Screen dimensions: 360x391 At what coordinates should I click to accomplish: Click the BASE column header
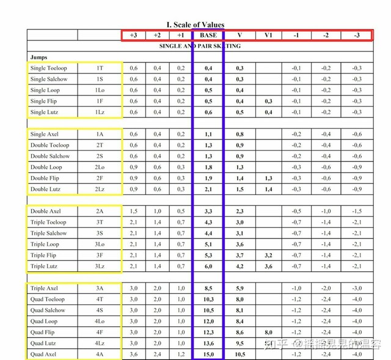click(208, 35)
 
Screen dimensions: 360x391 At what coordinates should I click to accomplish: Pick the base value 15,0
click(208, 354)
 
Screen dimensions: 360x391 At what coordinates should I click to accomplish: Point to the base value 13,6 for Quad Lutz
click(208, 343)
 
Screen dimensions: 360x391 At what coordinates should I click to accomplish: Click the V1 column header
click(268, 35)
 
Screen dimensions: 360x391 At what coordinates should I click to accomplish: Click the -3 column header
click(356, 35)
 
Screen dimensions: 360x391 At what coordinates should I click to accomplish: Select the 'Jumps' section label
click(38, 57)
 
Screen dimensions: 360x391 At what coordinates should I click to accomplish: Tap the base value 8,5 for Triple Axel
click(208, 288)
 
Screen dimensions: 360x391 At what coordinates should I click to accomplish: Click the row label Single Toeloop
click(48, 68)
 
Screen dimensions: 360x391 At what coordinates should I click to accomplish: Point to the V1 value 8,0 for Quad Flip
click(268, 332)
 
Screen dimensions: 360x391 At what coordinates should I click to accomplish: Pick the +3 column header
click(134, 35)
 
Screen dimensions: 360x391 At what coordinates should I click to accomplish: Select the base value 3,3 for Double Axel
click(208, 211)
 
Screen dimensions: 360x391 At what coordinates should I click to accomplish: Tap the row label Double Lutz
click(46, 189)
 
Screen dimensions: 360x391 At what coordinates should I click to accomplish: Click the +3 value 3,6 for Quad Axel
click(134, 354)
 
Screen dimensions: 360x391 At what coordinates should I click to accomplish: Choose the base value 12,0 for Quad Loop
click(208, 321)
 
